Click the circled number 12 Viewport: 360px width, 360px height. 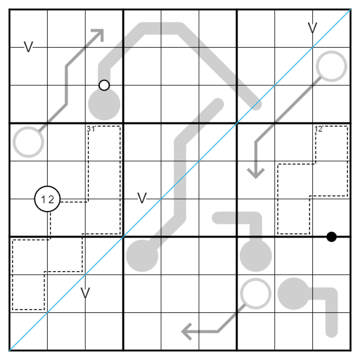tap(47, 199)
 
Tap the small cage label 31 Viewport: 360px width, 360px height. tap(91, 129)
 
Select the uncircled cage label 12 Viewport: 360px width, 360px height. tap(319, 129)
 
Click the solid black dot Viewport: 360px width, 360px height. tap(331, 237)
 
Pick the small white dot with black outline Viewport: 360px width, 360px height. tap(104, 85)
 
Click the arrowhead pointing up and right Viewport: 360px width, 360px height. tap(98, 34)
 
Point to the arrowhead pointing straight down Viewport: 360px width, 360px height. tap(256, 173)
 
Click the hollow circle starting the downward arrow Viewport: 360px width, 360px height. tap(331, 66)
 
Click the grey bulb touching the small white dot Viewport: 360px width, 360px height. tap(104, 104)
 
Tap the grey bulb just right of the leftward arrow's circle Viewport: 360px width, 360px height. tap(293, 294)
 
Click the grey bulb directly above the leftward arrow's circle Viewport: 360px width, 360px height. tap(256, 256)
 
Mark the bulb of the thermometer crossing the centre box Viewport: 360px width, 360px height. tap(142, 256)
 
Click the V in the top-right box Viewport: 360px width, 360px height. tap(312, 28)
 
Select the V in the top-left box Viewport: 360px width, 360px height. tap(28, 47)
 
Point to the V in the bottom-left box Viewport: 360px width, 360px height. tap(85, 293)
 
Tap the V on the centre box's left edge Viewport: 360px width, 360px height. tap(142, 198)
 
